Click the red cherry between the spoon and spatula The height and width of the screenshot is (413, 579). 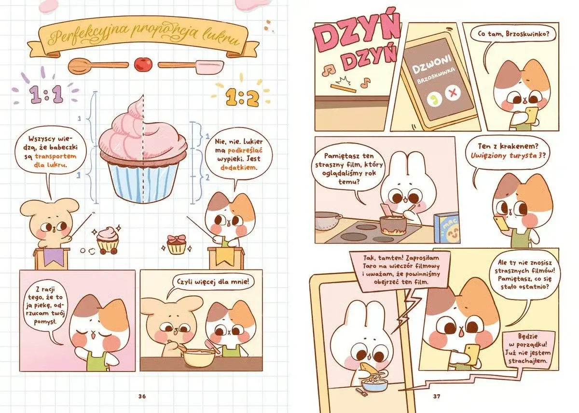pyautogui.click(x=143, y=64)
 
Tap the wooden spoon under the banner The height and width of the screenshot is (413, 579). pyautogui.click(x=98, y=66)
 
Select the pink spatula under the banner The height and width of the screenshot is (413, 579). pyautogui.click(x=191, y=66)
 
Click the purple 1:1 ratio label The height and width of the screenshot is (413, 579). pyautogui.click(x=46, y=95)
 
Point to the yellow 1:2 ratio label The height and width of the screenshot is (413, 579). pyautogui.click(x=242, y=98)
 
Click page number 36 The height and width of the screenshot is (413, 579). pyautogui.click(x=142, y=396)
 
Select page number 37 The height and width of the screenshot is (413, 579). pyautogui.click(x=437, y=396)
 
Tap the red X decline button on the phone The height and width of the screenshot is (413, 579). pyautogui.click(x=453, y=92)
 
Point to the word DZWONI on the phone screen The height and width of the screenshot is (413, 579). pyautogui.click(x=432, y=64)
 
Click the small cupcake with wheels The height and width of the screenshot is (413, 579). pyautogui.click(x=107, y=241)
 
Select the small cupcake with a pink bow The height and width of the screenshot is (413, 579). pyautogui.click(x=176, y=245)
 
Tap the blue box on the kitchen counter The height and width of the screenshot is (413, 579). pyautogui.click(x=447, y=228)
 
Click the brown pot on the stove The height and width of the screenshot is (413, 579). pyautogui.click(x=393, y=225)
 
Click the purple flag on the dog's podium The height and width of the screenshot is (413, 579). pyautogui.click(x=54, y=257)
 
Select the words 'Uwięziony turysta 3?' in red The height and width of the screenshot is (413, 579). pyautogui.click(x=508, y=156)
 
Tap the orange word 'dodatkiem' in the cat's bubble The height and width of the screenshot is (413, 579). pyautogui.click(x=238, y=168)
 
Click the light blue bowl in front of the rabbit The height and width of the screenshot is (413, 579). pyautogui.click(x=374, y=384)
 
